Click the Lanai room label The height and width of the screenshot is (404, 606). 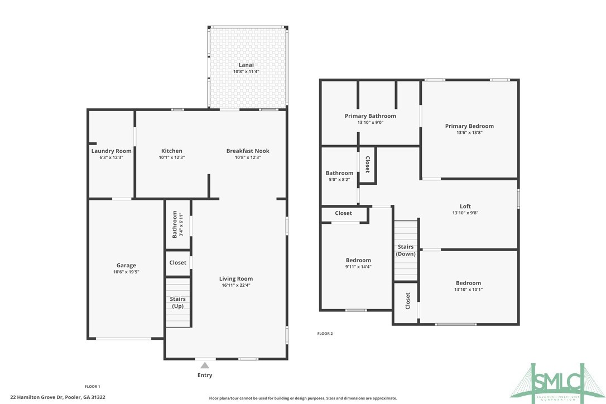point(246,65)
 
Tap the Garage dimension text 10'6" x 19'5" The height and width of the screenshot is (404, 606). point(126,272)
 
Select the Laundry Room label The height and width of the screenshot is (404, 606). point(112,151)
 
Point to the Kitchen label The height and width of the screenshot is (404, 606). point(171,151)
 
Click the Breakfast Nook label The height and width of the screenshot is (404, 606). point(247,151)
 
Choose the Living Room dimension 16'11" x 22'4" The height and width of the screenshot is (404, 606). point(236,286)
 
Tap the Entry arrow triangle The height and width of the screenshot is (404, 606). point(205,365)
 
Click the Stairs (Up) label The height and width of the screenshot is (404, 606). point(177,302)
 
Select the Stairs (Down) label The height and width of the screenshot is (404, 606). point(406,250)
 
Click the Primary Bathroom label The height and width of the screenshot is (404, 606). point(370,116)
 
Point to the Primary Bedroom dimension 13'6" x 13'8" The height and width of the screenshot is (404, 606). point(469,133)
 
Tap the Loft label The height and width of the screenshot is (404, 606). point(465,206)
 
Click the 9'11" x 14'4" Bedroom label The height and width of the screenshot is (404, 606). point(358,260)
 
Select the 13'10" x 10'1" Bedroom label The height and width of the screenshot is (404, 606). point(468,283)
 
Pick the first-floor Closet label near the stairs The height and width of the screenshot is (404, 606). point(177,262)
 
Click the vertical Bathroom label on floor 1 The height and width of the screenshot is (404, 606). point(175,224)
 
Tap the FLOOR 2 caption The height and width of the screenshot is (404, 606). point(325,334)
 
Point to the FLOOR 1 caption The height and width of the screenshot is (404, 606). point(92,386)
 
